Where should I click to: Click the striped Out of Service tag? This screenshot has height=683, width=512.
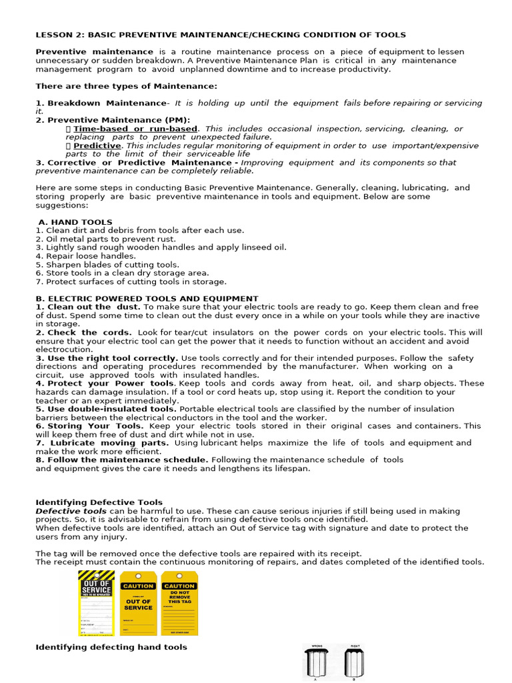[97, 603]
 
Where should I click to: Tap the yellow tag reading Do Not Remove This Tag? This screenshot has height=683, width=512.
[179, 603]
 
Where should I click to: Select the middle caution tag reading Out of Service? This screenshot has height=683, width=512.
[139, 603]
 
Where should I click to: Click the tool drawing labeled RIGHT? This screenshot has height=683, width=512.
[353, 664]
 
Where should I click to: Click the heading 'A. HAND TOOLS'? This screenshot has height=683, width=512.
[75, 222]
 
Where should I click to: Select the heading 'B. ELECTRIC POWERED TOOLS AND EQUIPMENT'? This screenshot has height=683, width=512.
[147, 298]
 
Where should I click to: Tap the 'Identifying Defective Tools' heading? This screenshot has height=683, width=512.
[99, 502]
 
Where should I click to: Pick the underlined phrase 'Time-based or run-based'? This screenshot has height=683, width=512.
[135, 128]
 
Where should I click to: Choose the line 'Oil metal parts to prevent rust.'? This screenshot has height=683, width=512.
[105, 239]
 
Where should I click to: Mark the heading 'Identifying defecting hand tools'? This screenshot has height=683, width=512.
[111, 647]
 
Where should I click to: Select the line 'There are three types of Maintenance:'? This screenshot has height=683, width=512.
[126, 86]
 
